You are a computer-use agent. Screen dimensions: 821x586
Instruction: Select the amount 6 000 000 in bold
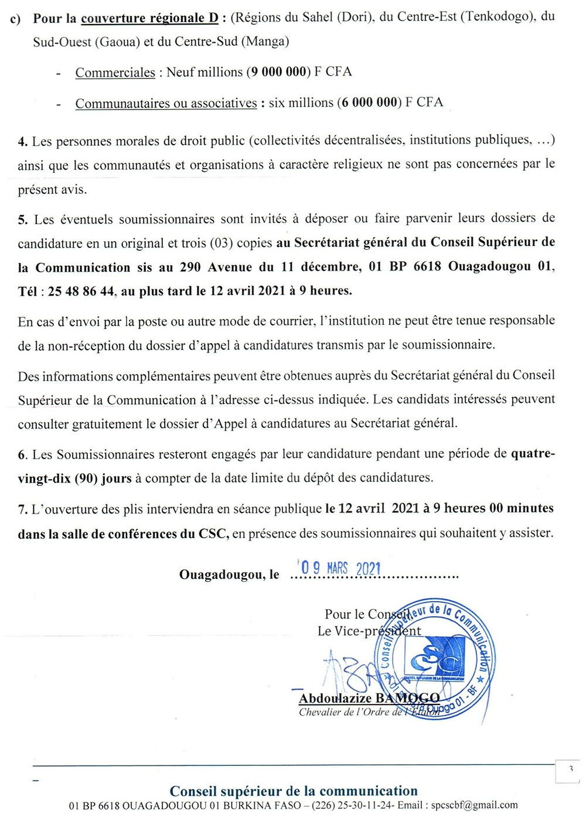[369, 102]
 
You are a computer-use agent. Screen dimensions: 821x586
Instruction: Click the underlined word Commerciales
[115, 73]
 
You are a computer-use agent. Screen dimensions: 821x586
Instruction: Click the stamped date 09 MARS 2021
[340, 567]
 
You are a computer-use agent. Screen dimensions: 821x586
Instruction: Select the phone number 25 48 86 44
[81, 291]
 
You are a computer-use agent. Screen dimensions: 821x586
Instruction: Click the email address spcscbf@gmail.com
[474, 805]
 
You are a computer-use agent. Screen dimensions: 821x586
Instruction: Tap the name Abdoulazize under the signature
[335, 698]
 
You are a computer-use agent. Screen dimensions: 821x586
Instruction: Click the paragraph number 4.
[23, 142]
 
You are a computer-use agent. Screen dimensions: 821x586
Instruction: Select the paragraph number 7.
[23, 509]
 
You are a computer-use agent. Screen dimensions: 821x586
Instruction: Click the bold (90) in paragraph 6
[86, 478]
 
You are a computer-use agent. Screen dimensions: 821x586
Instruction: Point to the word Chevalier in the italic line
[323, 712]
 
